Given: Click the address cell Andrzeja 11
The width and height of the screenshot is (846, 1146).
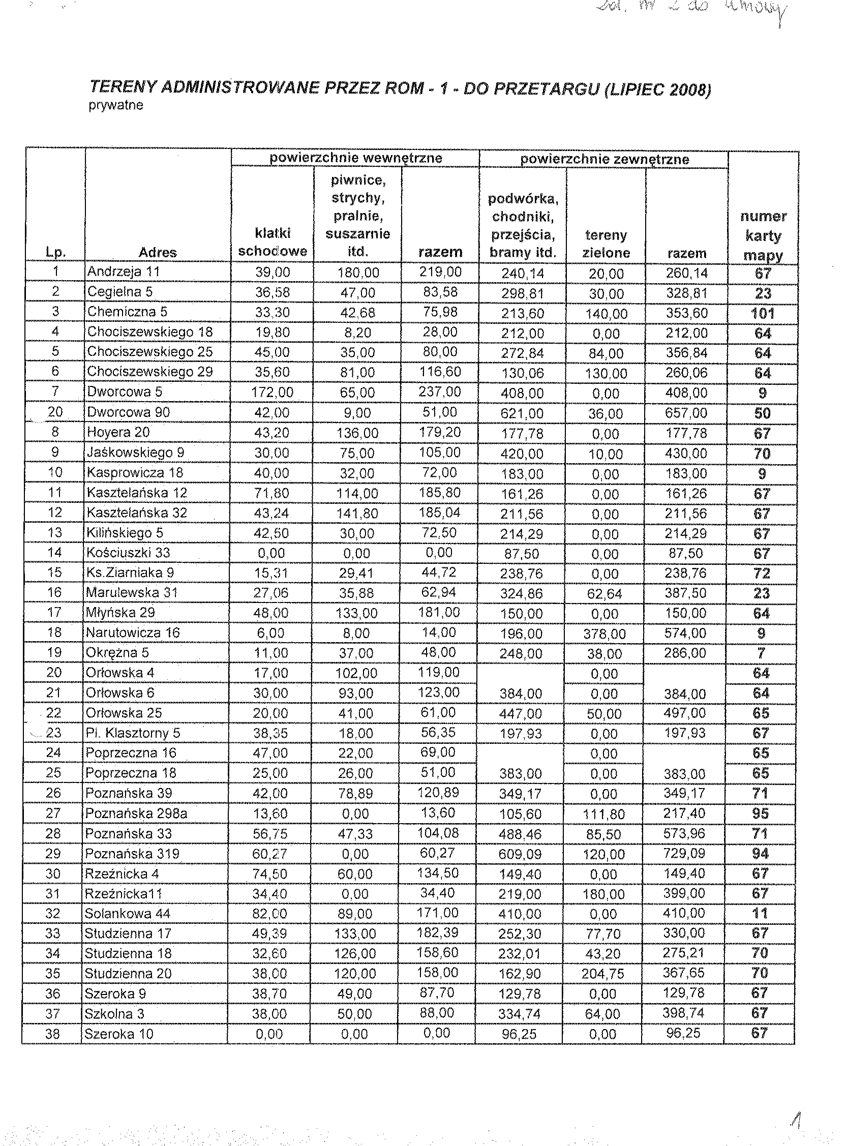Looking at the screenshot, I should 124,272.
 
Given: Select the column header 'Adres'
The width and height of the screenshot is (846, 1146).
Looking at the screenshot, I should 157,252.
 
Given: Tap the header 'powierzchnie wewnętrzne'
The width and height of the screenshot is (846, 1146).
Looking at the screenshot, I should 355,158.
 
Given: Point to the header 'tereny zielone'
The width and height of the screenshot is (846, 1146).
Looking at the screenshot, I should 606,244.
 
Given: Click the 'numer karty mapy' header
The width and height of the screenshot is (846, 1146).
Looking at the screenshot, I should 763,235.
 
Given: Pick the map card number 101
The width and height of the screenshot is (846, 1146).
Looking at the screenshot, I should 763,313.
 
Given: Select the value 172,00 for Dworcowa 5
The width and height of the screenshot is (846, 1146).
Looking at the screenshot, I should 272,393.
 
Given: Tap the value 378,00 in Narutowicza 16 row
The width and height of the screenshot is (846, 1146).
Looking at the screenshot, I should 605,634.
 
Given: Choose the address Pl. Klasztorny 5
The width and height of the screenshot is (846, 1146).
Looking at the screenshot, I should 133,733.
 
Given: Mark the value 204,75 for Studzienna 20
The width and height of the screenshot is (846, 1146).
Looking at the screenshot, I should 603,974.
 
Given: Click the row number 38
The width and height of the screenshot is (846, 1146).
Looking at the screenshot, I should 53,1034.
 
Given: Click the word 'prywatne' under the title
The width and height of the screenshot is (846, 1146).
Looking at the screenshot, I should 116,105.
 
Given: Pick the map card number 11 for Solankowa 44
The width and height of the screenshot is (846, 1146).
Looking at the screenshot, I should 760,913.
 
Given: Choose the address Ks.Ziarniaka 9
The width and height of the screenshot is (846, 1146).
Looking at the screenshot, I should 130,572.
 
